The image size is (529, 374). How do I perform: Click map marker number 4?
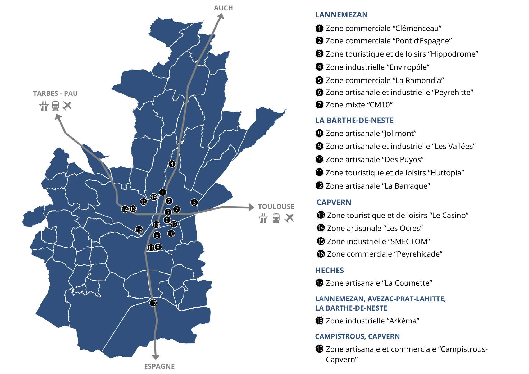(172, 164)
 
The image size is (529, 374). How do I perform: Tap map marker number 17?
(153, 303)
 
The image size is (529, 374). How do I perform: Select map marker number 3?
(194, 203)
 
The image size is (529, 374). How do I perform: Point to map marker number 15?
(139, 230)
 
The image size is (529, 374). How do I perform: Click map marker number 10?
(171, 234)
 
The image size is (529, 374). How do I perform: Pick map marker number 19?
(154, 197)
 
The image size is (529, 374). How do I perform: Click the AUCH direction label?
(223, 8)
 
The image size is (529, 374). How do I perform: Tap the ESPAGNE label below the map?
(159, 366)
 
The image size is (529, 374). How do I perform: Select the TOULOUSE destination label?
(276, 207)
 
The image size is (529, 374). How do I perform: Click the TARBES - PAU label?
(55, 93)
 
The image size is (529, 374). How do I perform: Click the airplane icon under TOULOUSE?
(289, 218)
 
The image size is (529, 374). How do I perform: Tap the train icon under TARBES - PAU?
(56, 106)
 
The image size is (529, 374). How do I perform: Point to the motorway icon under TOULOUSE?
(263, 218)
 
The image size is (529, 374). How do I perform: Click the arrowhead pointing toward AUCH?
(221, 16)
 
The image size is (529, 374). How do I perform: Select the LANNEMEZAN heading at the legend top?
(341, 15)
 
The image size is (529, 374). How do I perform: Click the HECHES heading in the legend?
(329, 270)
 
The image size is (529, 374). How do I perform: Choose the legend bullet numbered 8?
(319, 133)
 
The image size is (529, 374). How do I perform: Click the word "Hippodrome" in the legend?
(454, 54)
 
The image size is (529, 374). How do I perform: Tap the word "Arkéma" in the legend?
(404, 321)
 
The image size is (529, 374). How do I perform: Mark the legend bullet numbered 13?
(321, 215)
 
